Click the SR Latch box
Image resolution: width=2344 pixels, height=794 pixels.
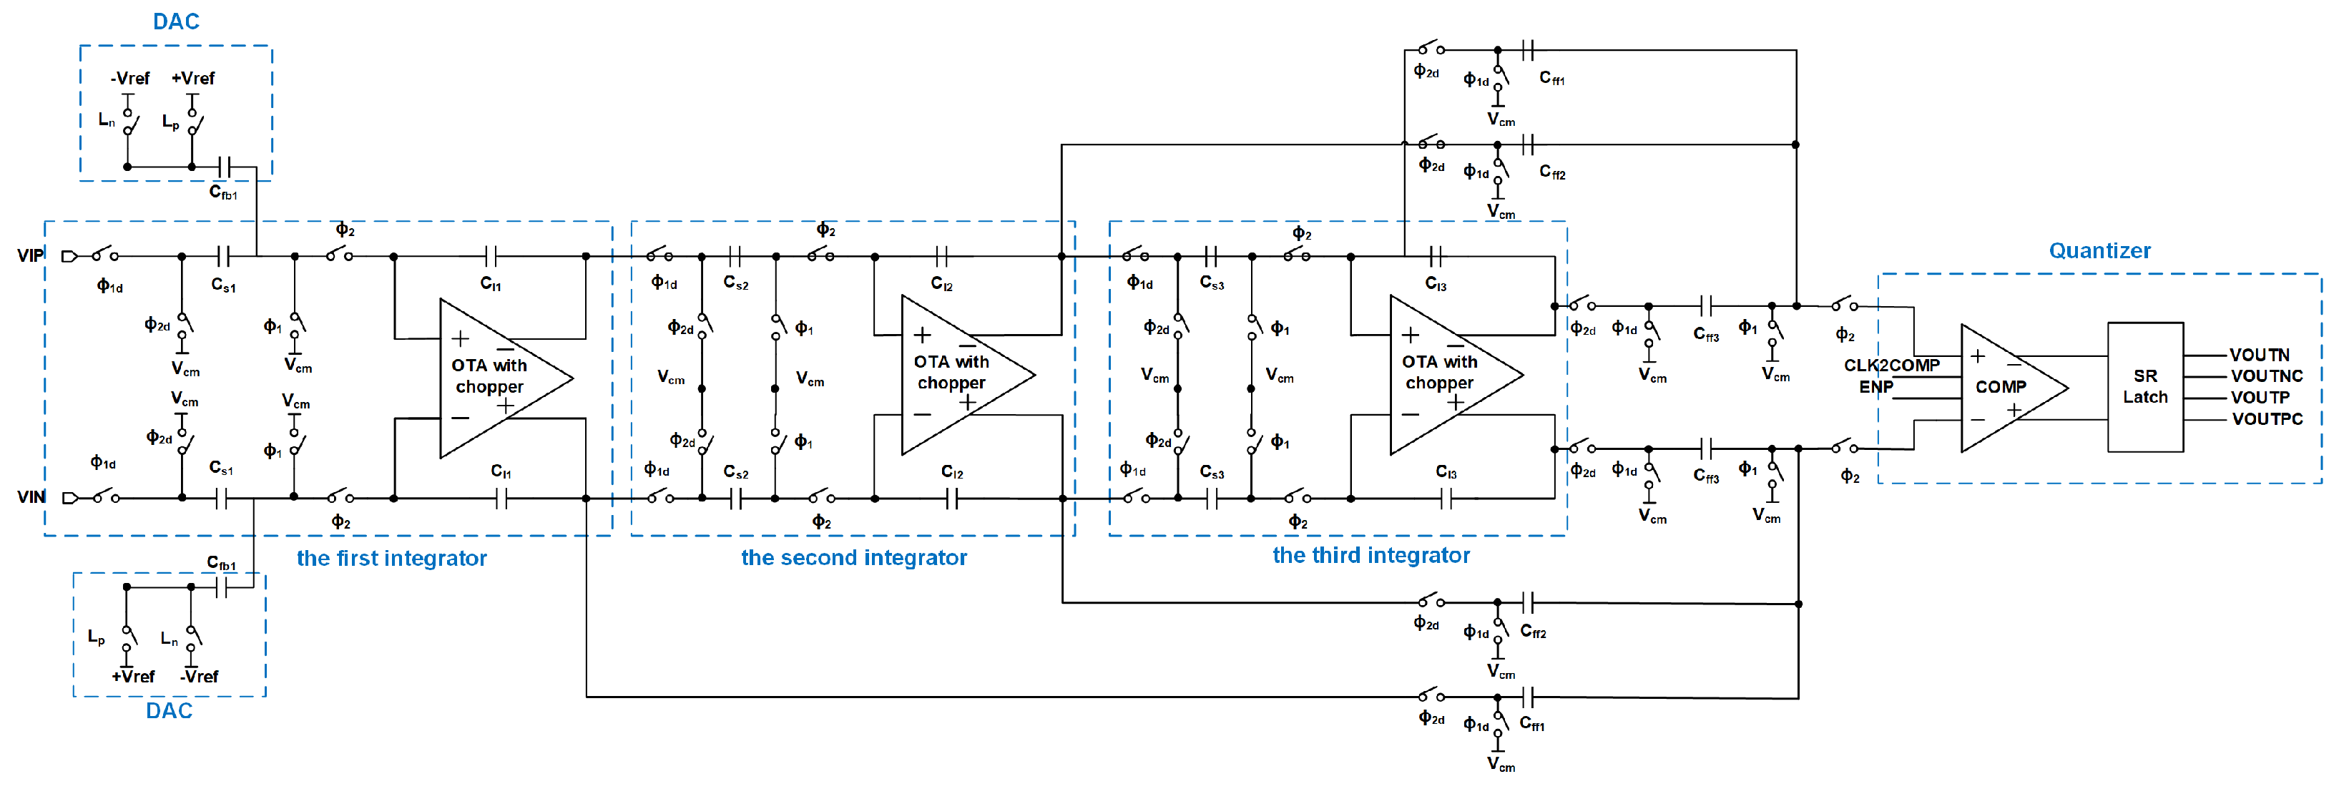pos(2144,386)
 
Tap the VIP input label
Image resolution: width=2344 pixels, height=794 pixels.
pos(30,255)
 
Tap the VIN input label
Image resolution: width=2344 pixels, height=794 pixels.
pos(30,496)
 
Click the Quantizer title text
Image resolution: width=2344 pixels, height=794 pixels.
pos(2099,250)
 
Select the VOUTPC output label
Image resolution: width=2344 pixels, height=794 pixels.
pos(2266,418)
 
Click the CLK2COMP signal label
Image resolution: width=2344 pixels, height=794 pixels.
pos(1891,365)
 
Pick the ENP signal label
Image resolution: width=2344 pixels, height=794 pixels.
pos(1875,386)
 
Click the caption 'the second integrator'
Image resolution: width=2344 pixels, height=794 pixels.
pos(853,557)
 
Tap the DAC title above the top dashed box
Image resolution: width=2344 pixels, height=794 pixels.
pos(176,21)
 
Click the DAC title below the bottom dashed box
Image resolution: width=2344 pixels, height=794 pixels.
pos(170,710)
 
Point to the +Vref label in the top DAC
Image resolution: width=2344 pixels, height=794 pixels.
pos(193,78)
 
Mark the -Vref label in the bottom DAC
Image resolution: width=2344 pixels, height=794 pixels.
pos(200,676)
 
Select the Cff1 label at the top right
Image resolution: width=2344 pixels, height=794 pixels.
pos(1551,78)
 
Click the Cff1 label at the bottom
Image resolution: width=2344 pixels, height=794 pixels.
pos(1531,724)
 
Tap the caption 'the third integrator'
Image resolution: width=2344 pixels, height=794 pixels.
pos(1370,555)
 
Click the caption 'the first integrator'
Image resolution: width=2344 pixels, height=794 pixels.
pos(391,557)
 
